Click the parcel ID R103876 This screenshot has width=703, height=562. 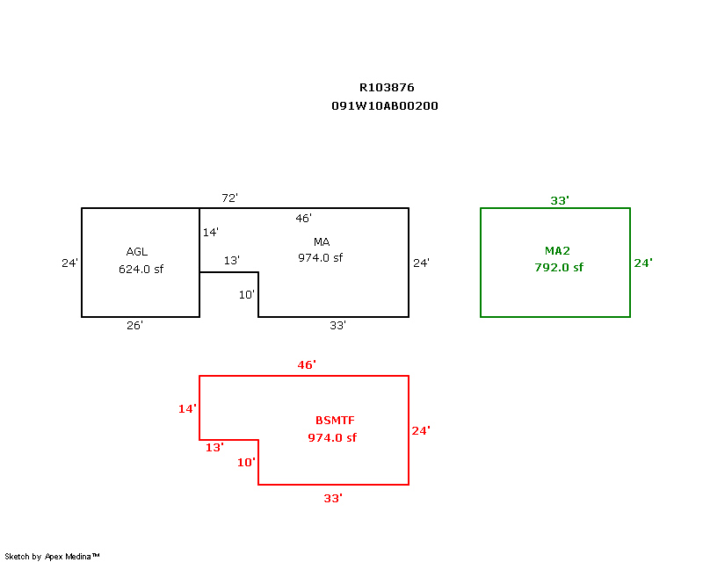tap(387, 88)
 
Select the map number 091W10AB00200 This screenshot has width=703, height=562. tap(385, 106)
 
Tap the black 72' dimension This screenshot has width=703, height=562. tap(229, 198)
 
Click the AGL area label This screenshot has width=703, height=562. tap(137, 252)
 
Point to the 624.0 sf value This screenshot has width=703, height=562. tap(141, 270)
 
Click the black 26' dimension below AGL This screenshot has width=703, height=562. tap(134, 326)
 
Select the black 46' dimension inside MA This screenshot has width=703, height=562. tap(303, 218)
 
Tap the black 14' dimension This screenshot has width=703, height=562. tap(210, 233)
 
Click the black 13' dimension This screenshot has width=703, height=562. tap(231, 261)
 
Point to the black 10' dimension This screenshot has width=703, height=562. tap(247, 295)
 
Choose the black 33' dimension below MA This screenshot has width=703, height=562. tap(337, 326)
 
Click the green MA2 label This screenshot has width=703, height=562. tap(559, 251)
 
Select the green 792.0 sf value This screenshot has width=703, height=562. tap(559, 268)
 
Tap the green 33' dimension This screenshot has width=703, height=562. tap(560, 201)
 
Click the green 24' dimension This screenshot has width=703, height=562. tap(643, 263)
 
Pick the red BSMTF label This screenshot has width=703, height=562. tap(335, 421)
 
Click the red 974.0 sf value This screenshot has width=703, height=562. tap(332, 438)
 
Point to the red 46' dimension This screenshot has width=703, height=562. tap(307, 364)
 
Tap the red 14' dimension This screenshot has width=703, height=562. tap(188, 408)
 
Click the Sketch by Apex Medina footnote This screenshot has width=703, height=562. tap(53, 557)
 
